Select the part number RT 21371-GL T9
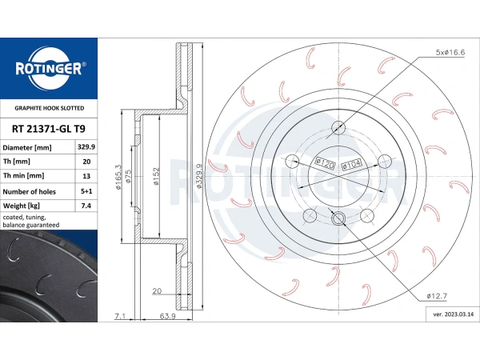click(x=49, y=129)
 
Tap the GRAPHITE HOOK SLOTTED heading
click(x=50, y=108)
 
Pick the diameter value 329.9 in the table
click(x=86, y=147)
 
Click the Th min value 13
click(x=86, y=176)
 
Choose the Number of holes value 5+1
click(x=86, y=191)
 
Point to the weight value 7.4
click(x=86, y=206)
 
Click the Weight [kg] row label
click(x=21, y=206)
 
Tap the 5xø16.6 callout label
click(x=450, y=52)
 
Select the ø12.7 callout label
click(x=437, y=296)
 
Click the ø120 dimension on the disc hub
click(x=325, y=163)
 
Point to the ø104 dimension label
click(x=352, y=164)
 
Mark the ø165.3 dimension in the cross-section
click(x=118, y=177)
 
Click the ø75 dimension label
click(x=128, y=176)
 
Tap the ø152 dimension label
click(x=156, y=176)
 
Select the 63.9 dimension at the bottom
click(x=168, y=316)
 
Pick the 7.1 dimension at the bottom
click(x=120, y=316)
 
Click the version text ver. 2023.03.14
click(x=454, y=314)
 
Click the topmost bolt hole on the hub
click(x=338, y=127)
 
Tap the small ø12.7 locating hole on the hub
click(x=338, y=218)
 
